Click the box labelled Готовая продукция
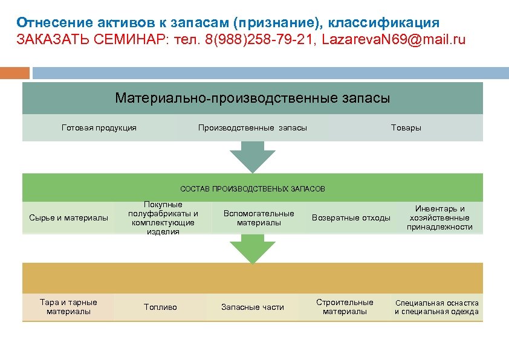pyautogui.click(x=99, y=127)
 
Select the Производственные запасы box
pyautogui.click(x=253, y=127)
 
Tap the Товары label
pyautogui.click(x=406, y=127)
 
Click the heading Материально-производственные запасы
pyautogui.click(x=253, y=98)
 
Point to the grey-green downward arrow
pyautogui.click(x=253, y=155)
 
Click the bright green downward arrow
pyautogui.click(x=253, y=248)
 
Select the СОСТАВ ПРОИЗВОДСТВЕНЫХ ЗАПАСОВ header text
pyautogui.click(x=253, y=189)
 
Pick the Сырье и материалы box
pyautogui.click(x=69, y=217)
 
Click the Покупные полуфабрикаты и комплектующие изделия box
pyautogui.click(x=163, y=218)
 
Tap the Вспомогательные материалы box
pyautogui.click(x=259, y=217)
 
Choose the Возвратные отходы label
pyautogui.click(x=351, y=217)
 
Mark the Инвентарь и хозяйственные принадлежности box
pyautogui.click(x=439, y=217)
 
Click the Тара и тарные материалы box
pyautogui.click(x=68, y=307)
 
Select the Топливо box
pyautogui.click(x=161, y=307)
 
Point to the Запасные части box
pyautogui.click(x=253, y=307)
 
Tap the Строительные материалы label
pyautogui.click(x=345, y=307)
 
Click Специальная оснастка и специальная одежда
pyautogui.click(x=436, y=307)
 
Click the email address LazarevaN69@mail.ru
pyautogui.click(x=394, y=40)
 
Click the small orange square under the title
pyautogui.click(x=15, y=72)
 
